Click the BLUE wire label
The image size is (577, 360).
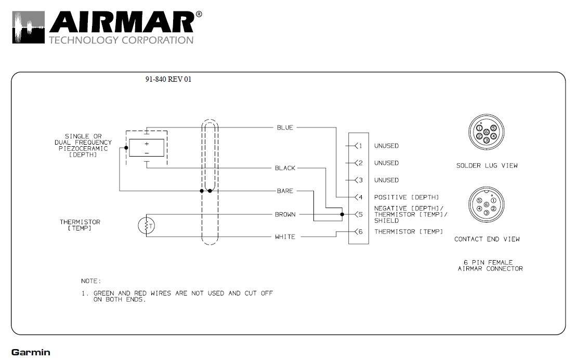285,128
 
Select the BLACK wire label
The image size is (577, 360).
285,168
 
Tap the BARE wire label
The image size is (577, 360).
285,191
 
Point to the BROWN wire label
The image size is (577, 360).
285,215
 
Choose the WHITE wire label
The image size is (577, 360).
285,237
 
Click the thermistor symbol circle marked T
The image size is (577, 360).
147,226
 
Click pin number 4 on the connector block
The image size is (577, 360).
361,197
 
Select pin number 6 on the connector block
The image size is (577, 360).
361,232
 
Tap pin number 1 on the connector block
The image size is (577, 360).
361,146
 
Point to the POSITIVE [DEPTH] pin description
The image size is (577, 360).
406,197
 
